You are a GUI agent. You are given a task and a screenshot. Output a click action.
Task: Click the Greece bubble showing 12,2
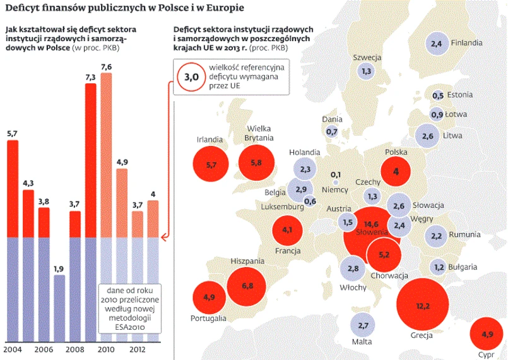[x=423, y=306]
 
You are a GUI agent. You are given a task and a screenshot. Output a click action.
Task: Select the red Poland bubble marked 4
[x=396, y=171]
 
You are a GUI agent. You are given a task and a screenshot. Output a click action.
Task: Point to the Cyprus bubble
[x=487, y=334]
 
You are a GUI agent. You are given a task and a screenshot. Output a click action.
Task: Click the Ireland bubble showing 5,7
[x=211, y=165]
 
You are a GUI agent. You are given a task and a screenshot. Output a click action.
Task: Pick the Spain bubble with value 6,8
[x=247, y=286]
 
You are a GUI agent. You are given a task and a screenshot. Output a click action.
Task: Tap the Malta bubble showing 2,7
[x=362, y=326]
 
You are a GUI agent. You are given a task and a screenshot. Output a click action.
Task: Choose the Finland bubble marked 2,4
[x=436, y=44]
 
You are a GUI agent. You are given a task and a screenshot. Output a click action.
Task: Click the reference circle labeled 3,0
[x=192, y=77]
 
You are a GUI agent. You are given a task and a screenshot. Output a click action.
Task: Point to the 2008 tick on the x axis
[x=74, y=349]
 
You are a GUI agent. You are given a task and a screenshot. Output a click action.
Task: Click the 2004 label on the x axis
[x=12, y=349]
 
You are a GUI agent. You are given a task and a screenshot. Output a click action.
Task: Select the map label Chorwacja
[x=389, y=275]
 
